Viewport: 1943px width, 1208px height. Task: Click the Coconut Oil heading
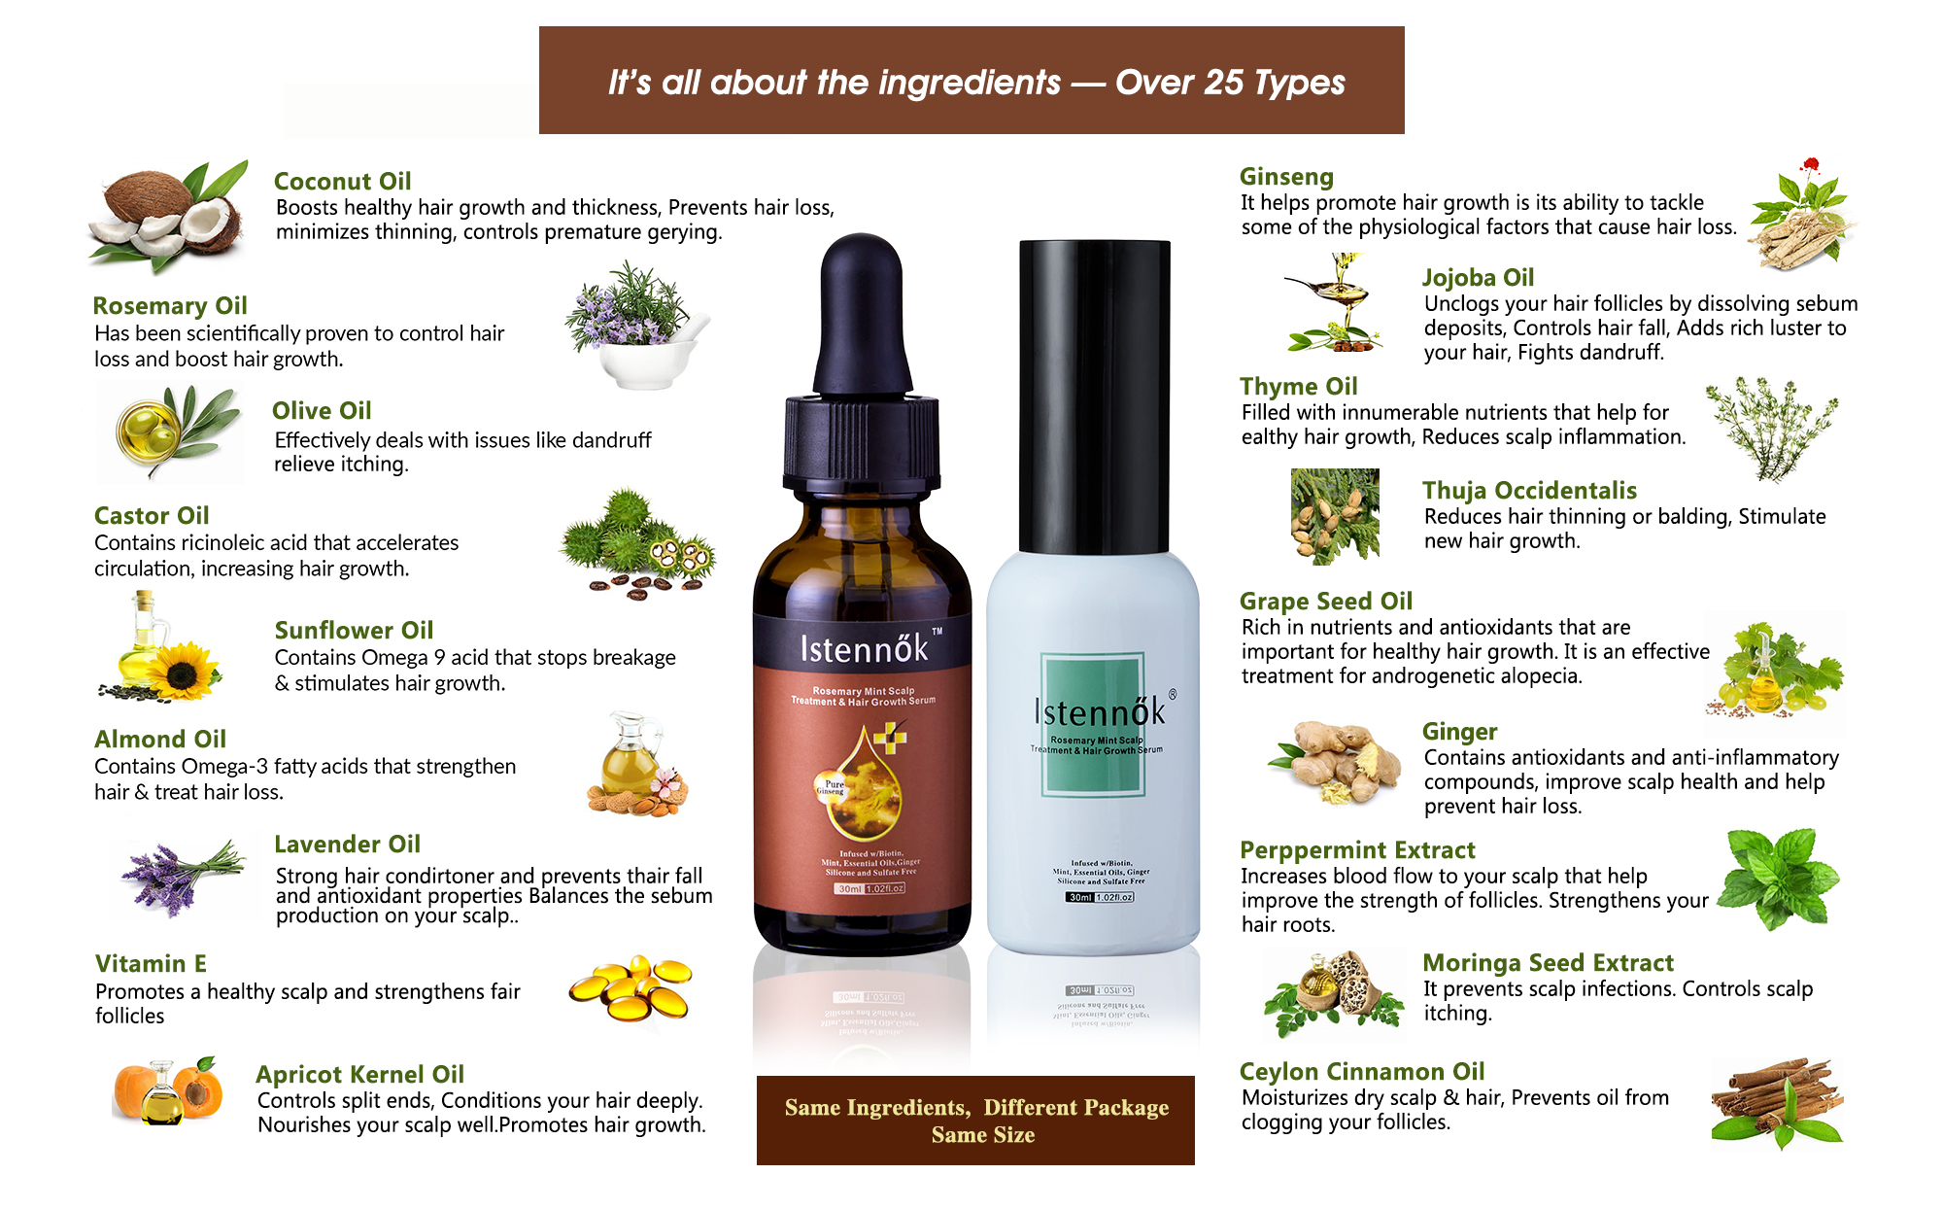pyautogui.click(x=342, y=182)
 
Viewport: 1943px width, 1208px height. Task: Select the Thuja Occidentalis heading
pyautogui.click(x=1529, y=491)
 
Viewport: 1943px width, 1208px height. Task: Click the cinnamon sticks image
pyautogui.click(x=1777, y=1101)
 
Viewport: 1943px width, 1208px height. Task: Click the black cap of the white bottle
pyautogui.click(x=1094, y=394)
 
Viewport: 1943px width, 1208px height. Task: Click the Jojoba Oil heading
pyautogui.click(x=1478, y=278)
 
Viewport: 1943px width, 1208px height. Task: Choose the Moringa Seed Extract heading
pyautogui.click(x=1548, y=963)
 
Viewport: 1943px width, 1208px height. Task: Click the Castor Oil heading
pyautogui.click(x=152, y=516)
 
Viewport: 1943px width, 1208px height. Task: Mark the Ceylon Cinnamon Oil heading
pyautogui.click(x=1361, y=1072)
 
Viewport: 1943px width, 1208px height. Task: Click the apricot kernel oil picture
pyautogui.click(x=167, y=1092)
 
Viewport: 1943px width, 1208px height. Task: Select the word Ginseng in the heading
pyautogui.click(x=1286, y=177)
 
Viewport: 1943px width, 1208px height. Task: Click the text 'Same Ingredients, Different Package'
pyautogui.click(x=976, y=1108)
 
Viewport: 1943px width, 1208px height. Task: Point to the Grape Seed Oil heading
pyautogui.click(x=1325, y=602)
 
